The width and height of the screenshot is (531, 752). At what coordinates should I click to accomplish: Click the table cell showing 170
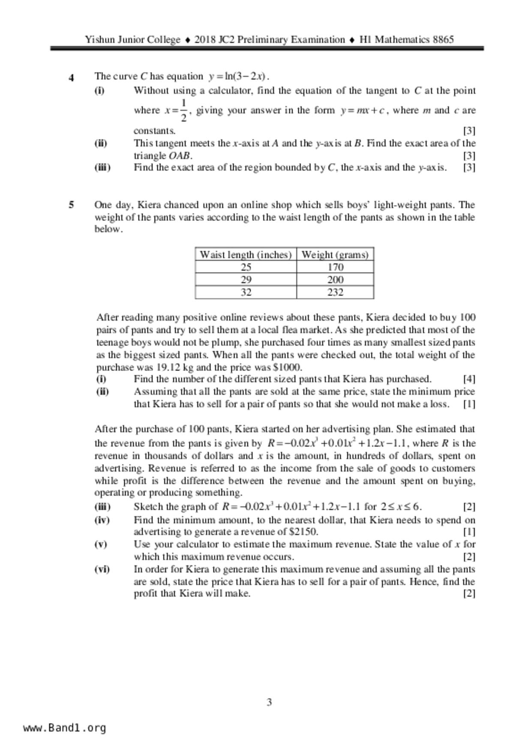coord(335,267)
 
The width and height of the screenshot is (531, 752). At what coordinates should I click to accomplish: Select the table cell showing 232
coord(335,292)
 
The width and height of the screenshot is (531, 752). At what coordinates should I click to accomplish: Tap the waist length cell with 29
coord(246,280)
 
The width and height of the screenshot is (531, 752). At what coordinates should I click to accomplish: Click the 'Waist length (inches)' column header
coord(246,255)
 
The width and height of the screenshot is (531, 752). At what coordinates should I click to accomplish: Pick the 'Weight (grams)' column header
coord(335,255)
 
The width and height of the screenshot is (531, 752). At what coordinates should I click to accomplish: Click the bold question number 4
coord(72,78)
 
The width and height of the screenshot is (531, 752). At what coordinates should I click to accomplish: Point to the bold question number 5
coord(72,205)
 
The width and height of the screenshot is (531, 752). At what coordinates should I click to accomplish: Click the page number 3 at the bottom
coord(269,702)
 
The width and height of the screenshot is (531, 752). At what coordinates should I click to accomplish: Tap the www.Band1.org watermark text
coord(64,728)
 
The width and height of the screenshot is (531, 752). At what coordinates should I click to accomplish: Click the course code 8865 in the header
coord(443,40)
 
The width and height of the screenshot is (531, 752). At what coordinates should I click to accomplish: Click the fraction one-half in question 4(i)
coord(183,110)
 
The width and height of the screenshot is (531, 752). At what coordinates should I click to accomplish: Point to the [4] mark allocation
coord(469,379)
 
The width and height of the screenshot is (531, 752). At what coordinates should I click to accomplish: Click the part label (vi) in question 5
coord(102,569)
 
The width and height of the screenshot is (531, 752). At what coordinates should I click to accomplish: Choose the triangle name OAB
coord(180,156)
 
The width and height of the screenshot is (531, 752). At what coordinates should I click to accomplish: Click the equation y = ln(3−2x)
coord(238,77)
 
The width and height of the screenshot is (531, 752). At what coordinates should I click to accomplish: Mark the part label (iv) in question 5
coord(102,520)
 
